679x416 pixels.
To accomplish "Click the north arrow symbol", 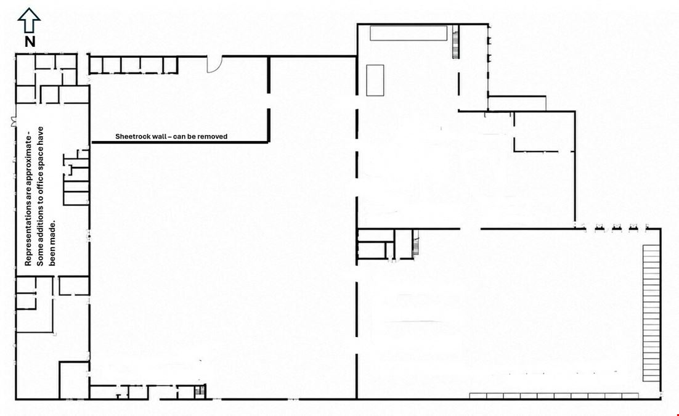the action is (x=29, y=20).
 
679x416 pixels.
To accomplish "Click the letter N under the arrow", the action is (x=30, y=42).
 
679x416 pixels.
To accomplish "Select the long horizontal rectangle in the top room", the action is (x=409, y=33).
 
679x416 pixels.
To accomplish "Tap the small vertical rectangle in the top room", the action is (x=375, y=80).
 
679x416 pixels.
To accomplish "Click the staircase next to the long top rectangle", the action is (x=455, y=42).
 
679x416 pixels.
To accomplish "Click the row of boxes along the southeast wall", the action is (x=555, y=396).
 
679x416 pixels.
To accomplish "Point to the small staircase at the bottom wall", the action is (x=200, y=391).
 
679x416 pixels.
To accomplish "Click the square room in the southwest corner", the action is (x=74, y=380).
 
